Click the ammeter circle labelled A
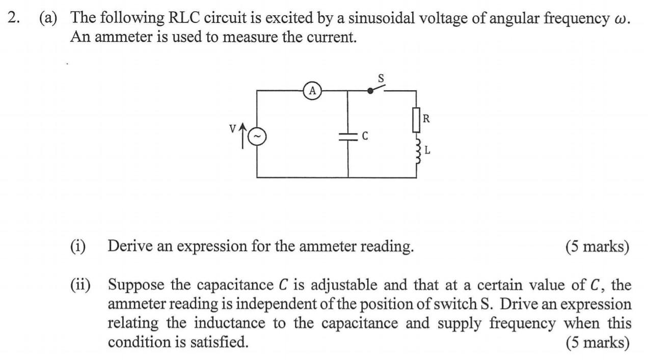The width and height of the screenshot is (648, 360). [x=313, y=91]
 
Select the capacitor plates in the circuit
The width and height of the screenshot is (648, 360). [x=348, y=136]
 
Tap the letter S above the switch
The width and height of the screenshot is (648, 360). [x=381, y=78]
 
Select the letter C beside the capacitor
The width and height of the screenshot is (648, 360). [x=365, y=136]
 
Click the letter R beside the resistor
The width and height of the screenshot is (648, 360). [x=426, y=119]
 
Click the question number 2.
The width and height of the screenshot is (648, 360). [x=13, y=18]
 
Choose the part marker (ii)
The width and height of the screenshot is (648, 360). [x=80, y=285]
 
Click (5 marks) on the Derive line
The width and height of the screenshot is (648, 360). [x=597, y=246]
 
